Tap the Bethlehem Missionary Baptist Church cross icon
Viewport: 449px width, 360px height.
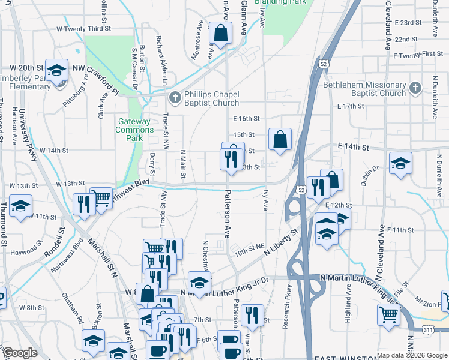(x=414, y=89)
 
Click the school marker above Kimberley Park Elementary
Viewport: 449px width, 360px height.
(x=56, y=71)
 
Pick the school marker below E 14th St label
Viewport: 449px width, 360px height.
(x=400, y=163)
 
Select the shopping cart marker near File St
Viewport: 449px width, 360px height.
(x=388, y=313)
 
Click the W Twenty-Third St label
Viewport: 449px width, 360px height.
(x=83, y=28)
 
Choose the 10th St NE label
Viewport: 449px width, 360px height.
(x=249, y=247)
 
